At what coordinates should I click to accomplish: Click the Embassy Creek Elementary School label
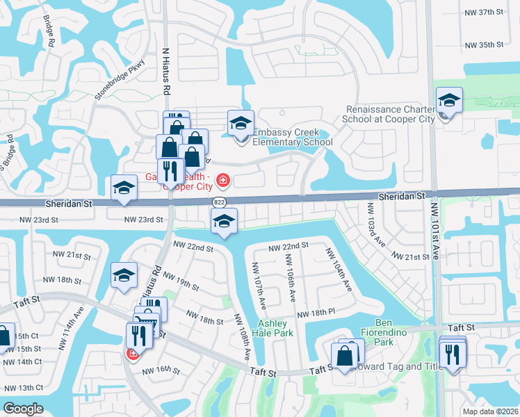pyautogui.click(x=292, y=138)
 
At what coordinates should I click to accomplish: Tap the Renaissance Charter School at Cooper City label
pyautogui.click(x=389, y=114)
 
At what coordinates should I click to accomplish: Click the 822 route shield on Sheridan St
pyautogui.click(x=218, y=202)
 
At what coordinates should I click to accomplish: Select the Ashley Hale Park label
pyautogui.click(x=275, y=328)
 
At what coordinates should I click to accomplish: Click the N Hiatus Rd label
pyautogui.click(x=166, y=71)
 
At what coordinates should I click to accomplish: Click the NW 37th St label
pyautogui.click(x=484, y=13)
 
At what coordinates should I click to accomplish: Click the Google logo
pyautogui.click(x=23, y=409)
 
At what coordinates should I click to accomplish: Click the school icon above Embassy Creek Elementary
pyautogui.click(x=241, y=124)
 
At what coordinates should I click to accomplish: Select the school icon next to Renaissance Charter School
pyautogui.click(x=449, y=101)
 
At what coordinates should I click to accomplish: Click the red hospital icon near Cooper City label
pyautogui.click(x=223, y=181)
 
